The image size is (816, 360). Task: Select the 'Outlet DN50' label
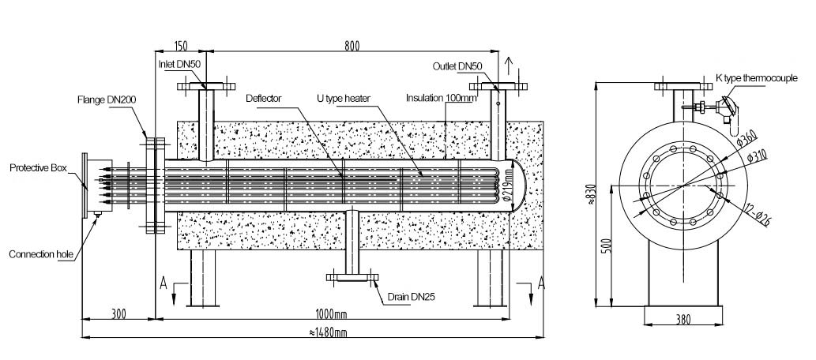pos(457,66)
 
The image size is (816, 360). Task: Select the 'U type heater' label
pos(344,99)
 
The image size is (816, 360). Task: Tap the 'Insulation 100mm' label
pos(441,99)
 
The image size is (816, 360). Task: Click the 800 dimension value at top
pos(352,47)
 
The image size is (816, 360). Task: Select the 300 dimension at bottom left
pos(120,314)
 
